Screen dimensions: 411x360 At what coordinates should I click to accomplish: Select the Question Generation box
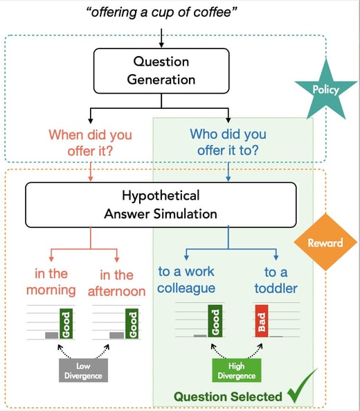coord(161,70)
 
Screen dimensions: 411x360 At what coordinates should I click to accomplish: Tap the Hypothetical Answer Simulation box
coord(160,205)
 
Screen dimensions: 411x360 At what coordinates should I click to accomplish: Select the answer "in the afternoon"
coord(116,282)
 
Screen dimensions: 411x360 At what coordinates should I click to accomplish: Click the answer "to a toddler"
coord(275,280)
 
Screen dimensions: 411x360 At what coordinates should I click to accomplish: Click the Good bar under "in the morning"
coord(66,322)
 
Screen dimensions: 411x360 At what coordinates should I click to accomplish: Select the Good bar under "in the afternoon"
coord(132,322)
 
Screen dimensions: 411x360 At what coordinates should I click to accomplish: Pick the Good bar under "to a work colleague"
coord(215,322)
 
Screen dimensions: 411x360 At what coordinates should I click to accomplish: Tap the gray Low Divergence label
coord(82,370)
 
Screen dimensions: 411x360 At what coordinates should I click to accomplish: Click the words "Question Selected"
coord(227,396)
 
